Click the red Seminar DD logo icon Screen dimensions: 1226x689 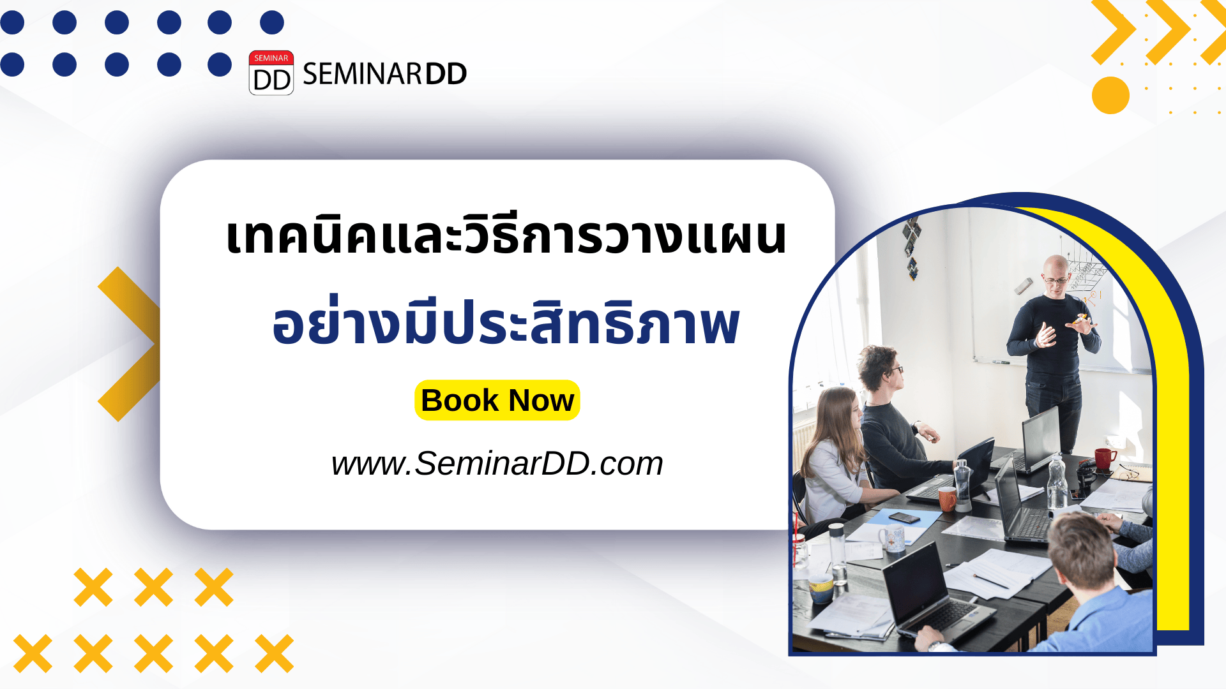(271, 73)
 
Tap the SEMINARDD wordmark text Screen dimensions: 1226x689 (384, 74)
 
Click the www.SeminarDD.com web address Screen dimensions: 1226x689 (497, 463)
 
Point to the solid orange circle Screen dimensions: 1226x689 (1110, 96)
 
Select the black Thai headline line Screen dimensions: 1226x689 (506, 236)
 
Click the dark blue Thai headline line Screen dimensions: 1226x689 (506, 324)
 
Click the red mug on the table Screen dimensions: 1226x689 (1104, 458)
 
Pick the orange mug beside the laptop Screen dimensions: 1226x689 (946, 499)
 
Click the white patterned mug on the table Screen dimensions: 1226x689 (892, 539)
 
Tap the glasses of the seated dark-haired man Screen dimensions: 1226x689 (895, 369)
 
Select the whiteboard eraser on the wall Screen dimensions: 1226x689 (1023, 286)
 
